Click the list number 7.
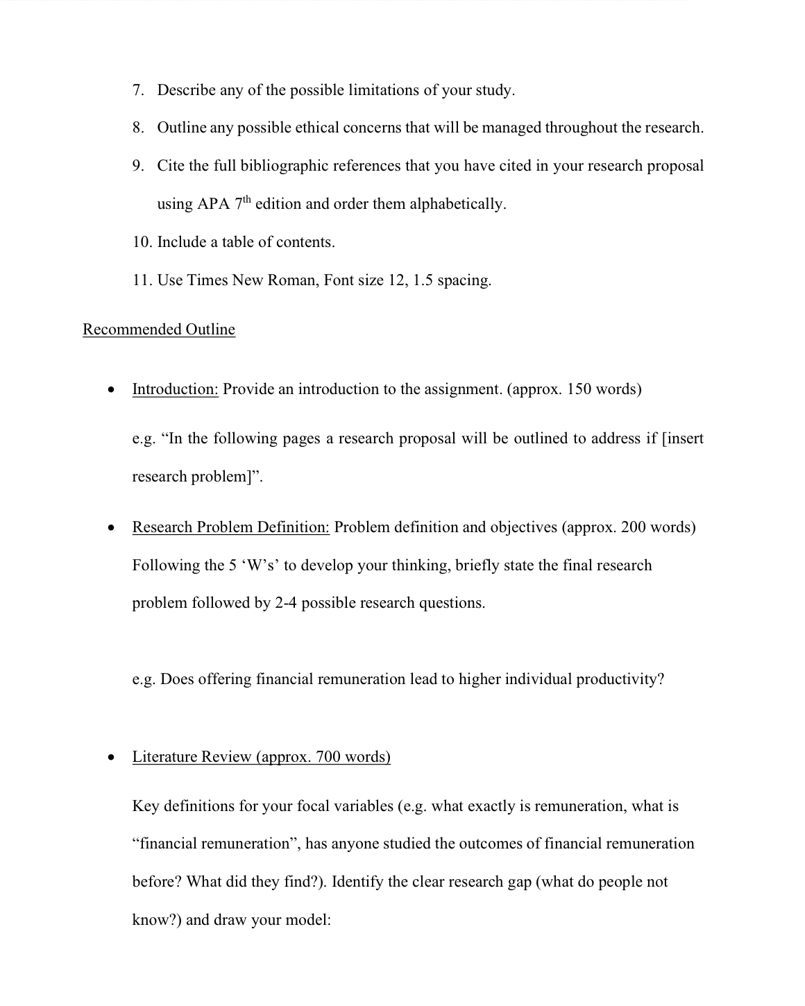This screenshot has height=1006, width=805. tap(138, 90)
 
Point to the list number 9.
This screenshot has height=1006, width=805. tap(138, 166)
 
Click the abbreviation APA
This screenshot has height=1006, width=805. tap(213, 204)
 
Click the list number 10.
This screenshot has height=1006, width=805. tap(142, 242)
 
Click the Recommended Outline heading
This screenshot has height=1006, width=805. tap(159, 330)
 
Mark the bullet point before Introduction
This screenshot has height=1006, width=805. tap(110, 390)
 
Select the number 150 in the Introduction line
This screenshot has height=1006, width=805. tap(579, 389)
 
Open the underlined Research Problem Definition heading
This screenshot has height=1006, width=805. tap(230, 527)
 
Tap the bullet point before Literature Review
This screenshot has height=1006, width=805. tap(110, 758)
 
